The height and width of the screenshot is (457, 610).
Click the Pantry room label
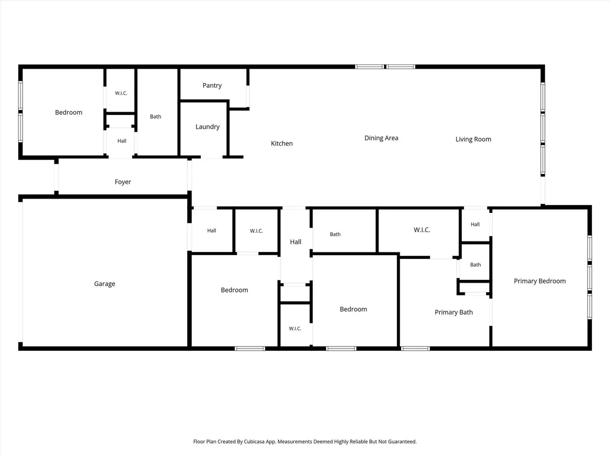212,85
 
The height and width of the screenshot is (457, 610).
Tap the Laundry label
208,126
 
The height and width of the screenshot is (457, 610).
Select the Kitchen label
282,144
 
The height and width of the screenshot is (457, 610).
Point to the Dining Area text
381,138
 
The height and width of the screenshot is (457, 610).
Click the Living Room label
473,139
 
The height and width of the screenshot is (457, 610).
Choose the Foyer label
123,182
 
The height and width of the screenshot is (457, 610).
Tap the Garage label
105,284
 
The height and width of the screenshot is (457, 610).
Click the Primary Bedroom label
540,281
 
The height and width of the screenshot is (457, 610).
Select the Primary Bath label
454,312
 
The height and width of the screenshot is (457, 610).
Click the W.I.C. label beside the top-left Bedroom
121,93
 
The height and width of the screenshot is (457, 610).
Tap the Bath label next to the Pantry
156,117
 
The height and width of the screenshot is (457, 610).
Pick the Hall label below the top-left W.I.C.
122,141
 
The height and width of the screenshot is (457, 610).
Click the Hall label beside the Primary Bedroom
475,224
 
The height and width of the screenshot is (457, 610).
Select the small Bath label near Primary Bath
476,265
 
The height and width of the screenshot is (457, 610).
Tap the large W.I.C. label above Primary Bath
422,230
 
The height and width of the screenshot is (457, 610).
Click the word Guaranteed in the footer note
404,442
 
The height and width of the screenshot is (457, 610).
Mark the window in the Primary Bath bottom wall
415,349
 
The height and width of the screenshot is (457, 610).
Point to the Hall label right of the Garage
211,230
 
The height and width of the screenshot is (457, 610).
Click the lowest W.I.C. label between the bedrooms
295,329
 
